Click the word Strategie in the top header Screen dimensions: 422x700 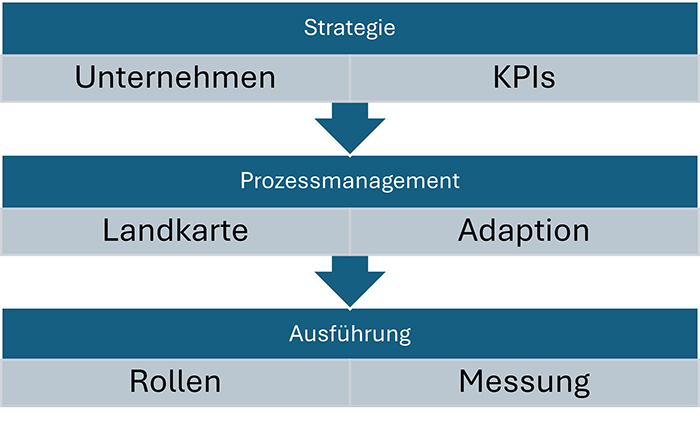coord(349,27)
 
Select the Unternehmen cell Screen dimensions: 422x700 coord(175,78)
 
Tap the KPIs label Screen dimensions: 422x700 coord(524,78)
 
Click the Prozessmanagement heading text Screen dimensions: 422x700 coord(349,181)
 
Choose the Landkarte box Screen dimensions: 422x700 coord(175,231)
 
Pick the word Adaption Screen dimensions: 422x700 coord(524,231)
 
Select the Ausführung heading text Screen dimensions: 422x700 coord(349,334)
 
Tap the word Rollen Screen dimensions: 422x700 coord(175,383)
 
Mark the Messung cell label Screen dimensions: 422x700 coord(524,383)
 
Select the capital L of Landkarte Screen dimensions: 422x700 coord(111,231)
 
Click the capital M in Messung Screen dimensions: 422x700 coord(472,383)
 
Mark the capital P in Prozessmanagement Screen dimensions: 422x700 coord(246,181)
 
